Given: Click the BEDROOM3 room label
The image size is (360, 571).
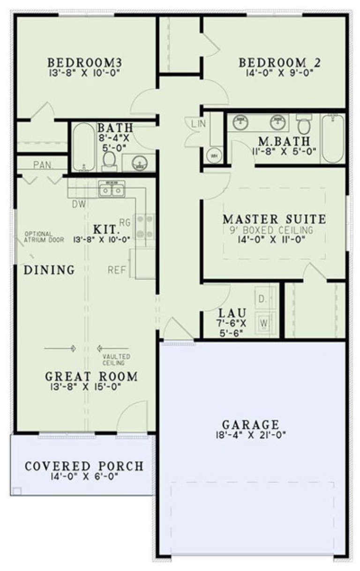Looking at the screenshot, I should pos(86,62).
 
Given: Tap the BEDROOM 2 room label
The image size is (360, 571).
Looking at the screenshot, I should pos(273,62).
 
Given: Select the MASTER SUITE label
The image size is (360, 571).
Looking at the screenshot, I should pos(274,219).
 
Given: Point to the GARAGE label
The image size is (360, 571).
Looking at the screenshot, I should pos(251,425).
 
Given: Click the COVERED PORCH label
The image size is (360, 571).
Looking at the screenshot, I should pos(84,467).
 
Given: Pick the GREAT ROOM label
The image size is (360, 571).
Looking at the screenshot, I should pos(91,376).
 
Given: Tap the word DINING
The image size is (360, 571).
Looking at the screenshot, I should pos(49,270).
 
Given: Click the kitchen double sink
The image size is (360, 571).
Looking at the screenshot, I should pos(112,190).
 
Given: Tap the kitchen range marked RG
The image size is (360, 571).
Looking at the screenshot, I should pos(145,227).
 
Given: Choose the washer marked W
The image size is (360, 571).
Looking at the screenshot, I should pos(264,323).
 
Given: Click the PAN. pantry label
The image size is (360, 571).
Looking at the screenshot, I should pos(44,165).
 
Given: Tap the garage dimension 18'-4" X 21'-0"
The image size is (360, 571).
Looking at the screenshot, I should pos(251,435).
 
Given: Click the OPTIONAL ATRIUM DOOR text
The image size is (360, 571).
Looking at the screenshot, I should pos(39,237).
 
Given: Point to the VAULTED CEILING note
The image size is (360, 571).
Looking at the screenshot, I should pos(113,360).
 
